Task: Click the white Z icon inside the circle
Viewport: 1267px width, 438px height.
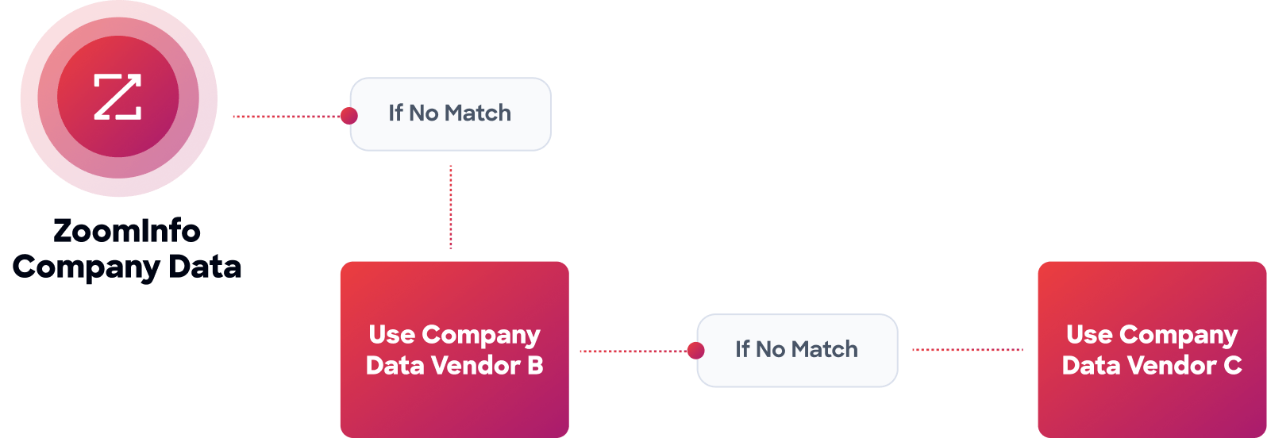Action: point(117,97)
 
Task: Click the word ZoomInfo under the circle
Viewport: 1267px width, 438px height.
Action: point(127,231)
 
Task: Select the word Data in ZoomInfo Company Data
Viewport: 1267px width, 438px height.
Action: point(206,266)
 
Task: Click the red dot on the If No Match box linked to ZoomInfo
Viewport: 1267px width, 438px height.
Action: point(349,117)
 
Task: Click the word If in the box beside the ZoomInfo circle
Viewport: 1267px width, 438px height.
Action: point(395,113)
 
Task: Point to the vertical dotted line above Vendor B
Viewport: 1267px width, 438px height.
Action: point(451,207)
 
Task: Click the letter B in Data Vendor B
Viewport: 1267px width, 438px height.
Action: point(535,366)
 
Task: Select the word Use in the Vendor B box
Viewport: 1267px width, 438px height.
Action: point(391,335)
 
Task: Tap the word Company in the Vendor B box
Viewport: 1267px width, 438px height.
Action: point(480,336)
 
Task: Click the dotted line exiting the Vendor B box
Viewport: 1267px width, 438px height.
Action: point(631,351)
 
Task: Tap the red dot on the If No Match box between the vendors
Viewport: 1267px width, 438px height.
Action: point(695,351)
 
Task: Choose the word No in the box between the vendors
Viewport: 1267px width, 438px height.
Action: point(770,350)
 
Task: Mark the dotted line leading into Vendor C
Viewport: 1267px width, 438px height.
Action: point(968,350)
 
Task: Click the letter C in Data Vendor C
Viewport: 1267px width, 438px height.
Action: point(1233,366)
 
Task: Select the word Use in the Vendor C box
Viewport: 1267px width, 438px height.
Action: point(1089,335)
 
